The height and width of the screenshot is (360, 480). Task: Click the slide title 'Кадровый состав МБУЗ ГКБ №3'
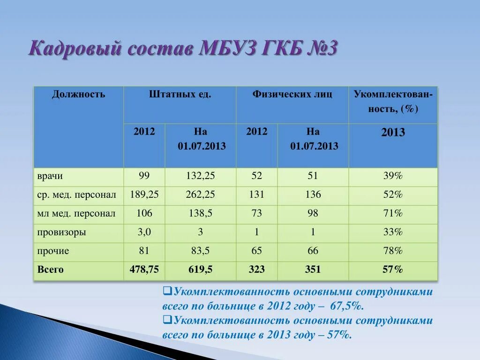tap(183, 48)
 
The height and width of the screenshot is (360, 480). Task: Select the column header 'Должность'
tap(78, 95)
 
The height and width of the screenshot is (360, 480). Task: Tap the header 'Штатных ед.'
tap(180, 95)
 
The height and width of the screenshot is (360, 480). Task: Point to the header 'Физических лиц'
tap(292, 95)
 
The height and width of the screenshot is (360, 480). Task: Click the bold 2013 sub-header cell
tap(393, 133)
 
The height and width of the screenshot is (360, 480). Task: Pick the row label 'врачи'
tap(50, 176)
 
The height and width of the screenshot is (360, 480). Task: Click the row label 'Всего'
tap(50, 270)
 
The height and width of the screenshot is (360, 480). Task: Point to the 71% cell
tap(393, 214)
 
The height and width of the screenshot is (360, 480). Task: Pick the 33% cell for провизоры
tap(393, 232)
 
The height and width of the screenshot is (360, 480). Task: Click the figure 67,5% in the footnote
tap(347, 306)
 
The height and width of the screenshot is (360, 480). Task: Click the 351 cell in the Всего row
tap(313, 270)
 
